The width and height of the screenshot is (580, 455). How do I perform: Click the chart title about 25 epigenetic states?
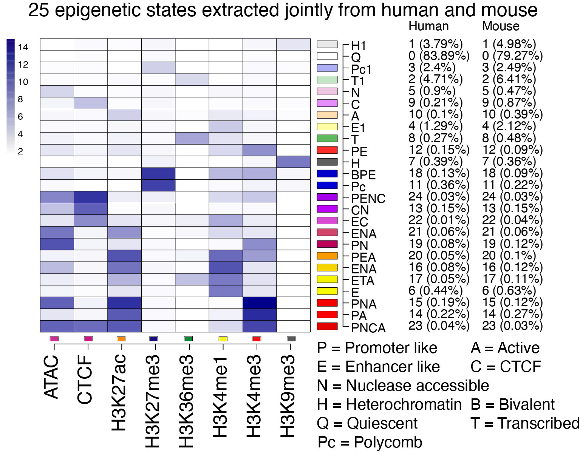(x=283, y=10)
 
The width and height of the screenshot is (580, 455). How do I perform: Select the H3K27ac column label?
(x=119, y=393)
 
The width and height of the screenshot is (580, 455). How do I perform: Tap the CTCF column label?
(x=85, y=379)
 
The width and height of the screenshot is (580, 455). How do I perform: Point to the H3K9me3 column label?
(x=288, y=396)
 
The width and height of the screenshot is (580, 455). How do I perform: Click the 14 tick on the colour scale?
(x=23, y=47)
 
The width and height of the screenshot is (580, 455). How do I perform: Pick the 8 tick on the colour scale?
(x=20, y=99)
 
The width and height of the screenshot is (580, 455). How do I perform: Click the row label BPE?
(x=363, y=175)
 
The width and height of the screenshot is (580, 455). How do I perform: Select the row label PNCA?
(x=368, y=328)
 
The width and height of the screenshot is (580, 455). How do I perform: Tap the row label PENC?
(x=368, y=199)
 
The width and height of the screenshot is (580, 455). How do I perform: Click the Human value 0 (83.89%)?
(x=439, y=56)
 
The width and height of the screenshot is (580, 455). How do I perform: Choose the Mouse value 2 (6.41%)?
(x=509, y=79)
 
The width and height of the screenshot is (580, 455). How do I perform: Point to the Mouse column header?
(x=501, y=26)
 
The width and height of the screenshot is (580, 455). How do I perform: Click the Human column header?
(x=428, y=26)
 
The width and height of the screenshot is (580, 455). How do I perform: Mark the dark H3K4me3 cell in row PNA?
(x=260, y=303)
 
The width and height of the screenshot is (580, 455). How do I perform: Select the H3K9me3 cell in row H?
(x=294, y=162)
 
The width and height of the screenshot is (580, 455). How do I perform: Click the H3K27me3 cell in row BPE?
(x=158, y=174)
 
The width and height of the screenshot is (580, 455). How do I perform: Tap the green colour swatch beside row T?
(x=327, y=138)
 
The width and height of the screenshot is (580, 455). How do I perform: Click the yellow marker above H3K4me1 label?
(x=223, y=339)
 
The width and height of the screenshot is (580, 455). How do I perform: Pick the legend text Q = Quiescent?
(x=367, y=423)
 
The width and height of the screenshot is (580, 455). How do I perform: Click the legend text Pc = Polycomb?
(x=370, y=442)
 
